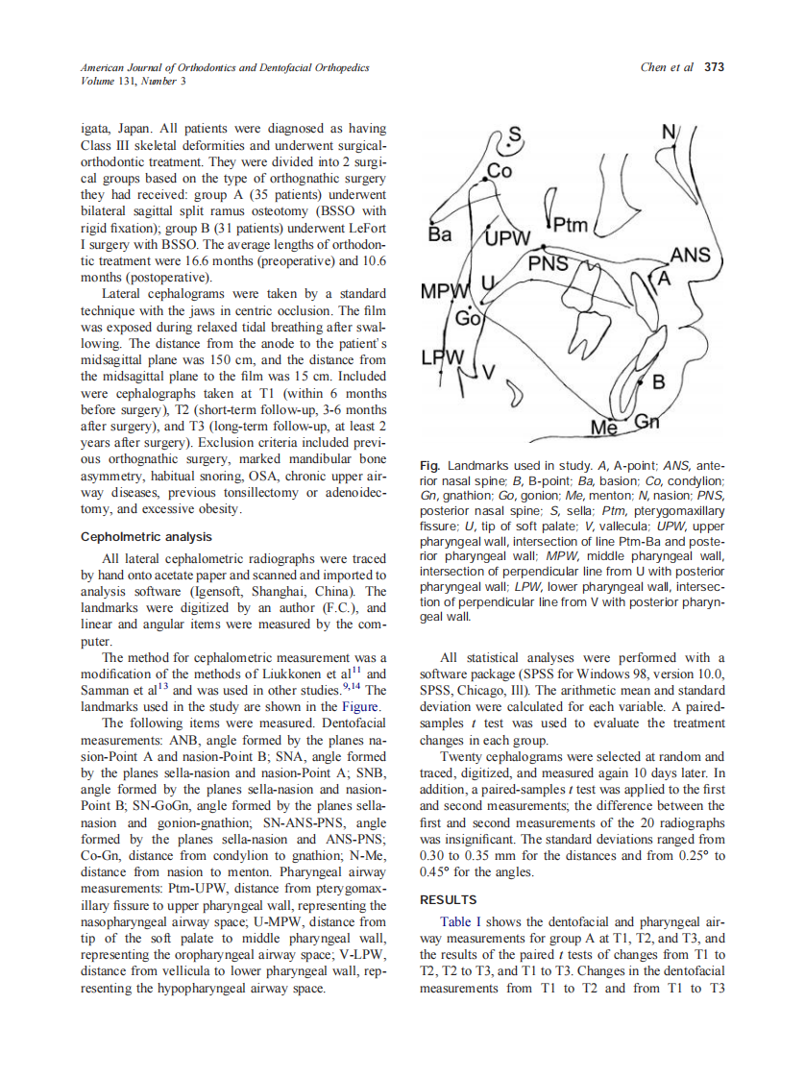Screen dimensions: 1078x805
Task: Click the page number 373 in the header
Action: coord(714,67)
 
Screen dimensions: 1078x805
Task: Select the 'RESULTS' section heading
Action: coord(448,899)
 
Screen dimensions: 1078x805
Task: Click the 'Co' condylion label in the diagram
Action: coord(500,171)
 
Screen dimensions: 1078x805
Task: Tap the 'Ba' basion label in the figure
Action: coord(440,233)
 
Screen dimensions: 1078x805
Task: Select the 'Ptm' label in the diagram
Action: coord(570,226)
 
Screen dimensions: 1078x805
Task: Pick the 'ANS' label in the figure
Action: coord(690,255)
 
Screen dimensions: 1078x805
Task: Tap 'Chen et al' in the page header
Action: coord(667,67)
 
